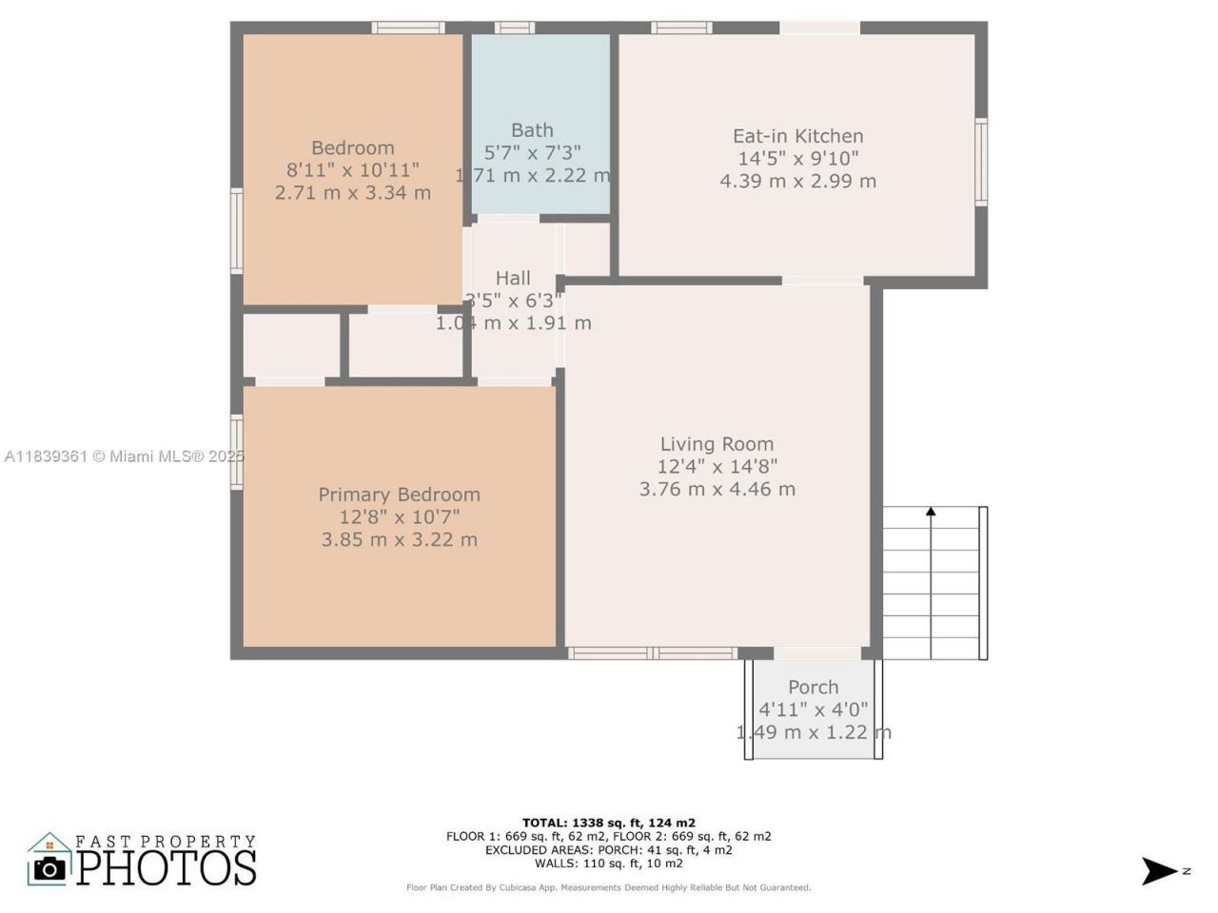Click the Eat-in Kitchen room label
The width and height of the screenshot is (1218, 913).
[797, 136]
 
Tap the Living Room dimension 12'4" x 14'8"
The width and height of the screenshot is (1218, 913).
[717, 466]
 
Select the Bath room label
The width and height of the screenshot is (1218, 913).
[532, 130]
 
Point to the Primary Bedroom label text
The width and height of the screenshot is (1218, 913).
[399, 495]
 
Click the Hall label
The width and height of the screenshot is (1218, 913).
[513, 278]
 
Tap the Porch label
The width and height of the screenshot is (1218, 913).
[813, 687]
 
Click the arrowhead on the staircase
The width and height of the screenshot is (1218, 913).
[931, 513]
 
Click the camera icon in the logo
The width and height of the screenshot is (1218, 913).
[49, 867]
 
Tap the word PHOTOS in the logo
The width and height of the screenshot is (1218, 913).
[167, 867]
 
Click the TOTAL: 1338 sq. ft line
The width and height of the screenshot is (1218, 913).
[608, 823]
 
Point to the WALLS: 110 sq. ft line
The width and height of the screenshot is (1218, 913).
[608, 864]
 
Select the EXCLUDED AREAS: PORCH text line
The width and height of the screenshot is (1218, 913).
[608, 850]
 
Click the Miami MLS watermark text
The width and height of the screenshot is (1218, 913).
[124, 456]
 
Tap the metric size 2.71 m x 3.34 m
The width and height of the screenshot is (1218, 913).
[352, 193]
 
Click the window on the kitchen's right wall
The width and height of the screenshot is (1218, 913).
[980, 162]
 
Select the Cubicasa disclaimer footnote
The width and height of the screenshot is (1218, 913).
[608, 887]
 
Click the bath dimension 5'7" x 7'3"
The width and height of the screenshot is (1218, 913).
[532, 152]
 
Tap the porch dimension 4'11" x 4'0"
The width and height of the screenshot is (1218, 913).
[813, 709]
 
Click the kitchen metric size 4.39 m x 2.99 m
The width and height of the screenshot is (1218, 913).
[797, 181]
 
